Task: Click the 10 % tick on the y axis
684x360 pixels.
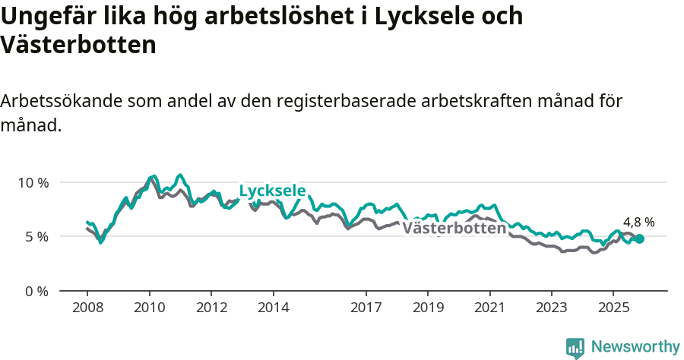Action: coord(33,182)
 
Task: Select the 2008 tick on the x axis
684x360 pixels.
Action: coord(87,308)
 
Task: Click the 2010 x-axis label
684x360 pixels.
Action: coord(150,308)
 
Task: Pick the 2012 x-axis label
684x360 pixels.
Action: coord(211,308)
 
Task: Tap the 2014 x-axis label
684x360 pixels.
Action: coord(274,308)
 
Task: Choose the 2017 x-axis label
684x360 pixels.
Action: coord(366,308)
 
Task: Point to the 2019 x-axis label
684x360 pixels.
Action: coord(428,308)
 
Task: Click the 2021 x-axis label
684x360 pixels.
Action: coord(490,308)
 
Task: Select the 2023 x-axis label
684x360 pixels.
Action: coord(552,308)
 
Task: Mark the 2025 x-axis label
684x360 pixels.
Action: coord(613,308)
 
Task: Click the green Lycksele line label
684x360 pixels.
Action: coord(272,191)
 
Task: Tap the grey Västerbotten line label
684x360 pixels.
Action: coord(454,228)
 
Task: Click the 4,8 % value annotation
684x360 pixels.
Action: coord(638,223)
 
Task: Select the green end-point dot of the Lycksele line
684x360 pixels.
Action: coord(639,238)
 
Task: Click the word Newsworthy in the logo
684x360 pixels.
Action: coord(635,347)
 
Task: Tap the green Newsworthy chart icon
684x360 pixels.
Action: coord(575,348)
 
